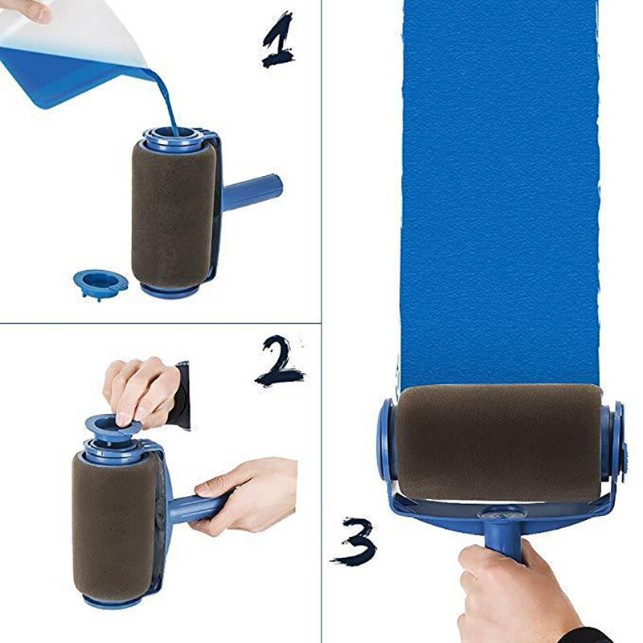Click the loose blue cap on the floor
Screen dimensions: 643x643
100,281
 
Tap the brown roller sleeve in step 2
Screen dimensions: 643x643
113,522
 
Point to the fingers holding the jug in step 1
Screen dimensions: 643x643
24,10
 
